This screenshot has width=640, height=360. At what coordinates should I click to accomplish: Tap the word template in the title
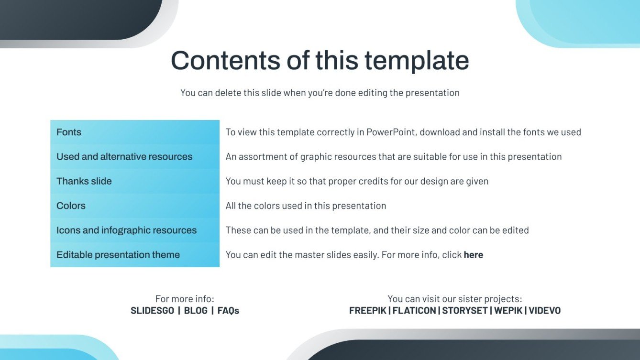click(416, 61)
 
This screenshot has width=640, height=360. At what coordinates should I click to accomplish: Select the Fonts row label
click(69, 132)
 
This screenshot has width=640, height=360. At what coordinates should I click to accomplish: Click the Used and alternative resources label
click(124, 157)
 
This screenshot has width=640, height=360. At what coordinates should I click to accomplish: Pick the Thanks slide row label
click(84, 181)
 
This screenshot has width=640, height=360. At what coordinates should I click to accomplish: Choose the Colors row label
click(71, 206)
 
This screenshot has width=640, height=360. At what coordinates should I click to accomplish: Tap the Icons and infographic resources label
click(126, 230)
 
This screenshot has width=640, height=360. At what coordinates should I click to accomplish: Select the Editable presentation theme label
click(118, 255)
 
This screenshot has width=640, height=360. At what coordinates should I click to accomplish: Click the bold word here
click(473, 255)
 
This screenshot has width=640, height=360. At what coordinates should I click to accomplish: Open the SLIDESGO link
click(152, 311)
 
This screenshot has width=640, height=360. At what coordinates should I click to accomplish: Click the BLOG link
click(196, 311)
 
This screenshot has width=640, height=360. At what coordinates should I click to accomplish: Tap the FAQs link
click(228, 311)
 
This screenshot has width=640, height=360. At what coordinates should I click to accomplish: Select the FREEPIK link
click(368, 311)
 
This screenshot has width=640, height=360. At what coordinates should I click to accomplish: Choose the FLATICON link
click(414, 311)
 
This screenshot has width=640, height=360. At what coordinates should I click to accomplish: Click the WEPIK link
click(508, 311)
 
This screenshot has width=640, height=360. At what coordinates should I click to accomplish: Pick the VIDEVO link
click(544, 311)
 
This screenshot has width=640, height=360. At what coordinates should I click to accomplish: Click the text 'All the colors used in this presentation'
click(306, 206)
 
